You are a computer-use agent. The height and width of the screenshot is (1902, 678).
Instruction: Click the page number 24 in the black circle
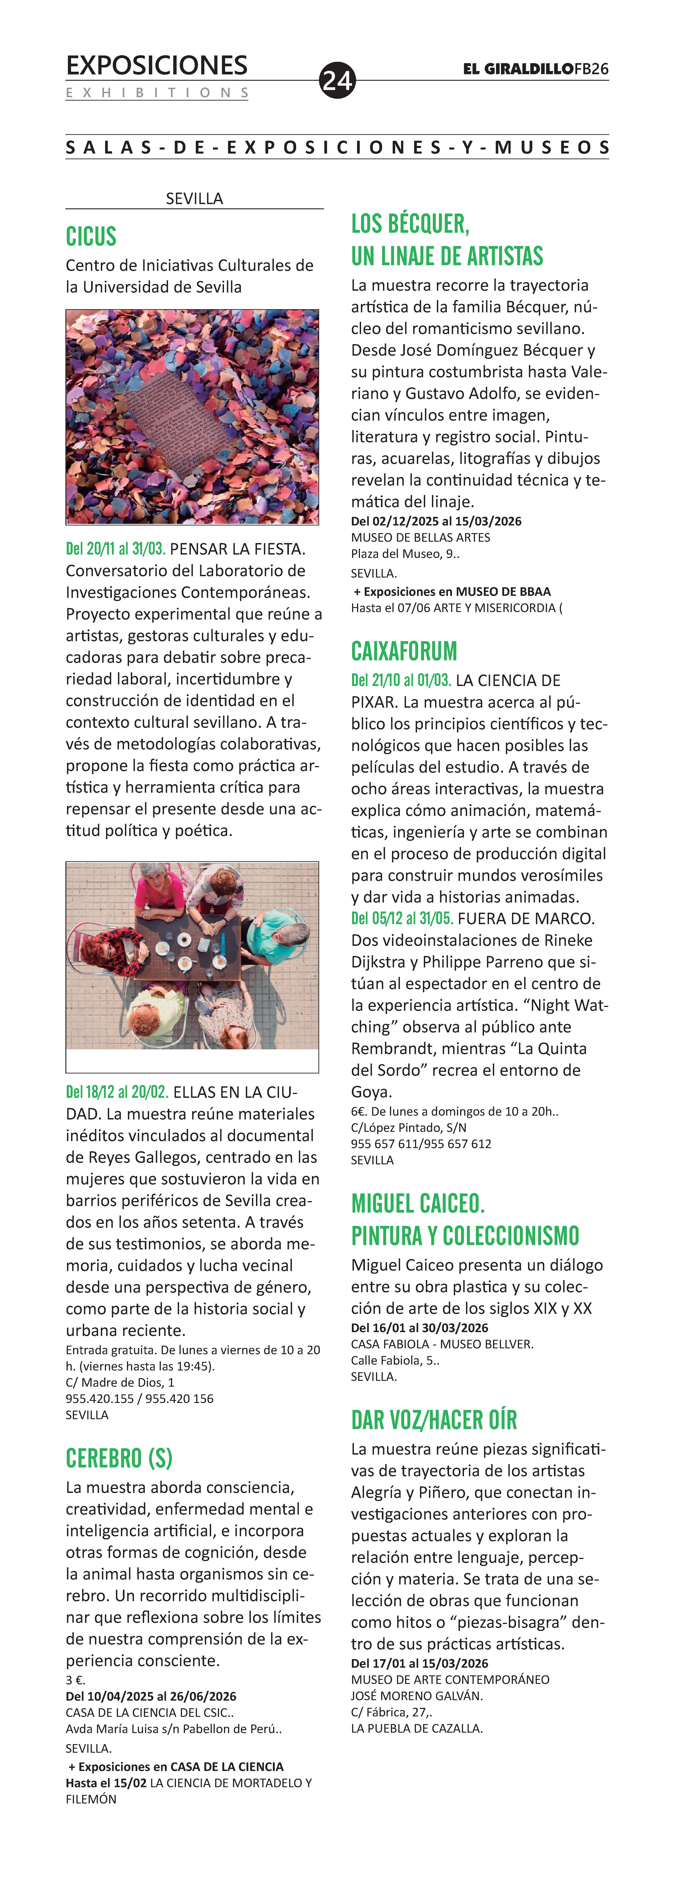tap(337, 80)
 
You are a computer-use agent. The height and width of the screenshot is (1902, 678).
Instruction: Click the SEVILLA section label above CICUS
tap(194, 199)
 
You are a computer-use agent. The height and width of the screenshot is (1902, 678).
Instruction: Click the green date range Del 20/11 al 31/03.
tap(115, 549)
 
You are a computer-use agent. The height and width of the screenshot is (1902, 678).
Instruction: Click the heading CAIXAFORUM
tap(404, 651)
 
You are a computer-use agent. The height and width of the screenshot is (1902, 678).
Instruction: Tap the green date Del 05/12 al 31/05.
tap(402, 919)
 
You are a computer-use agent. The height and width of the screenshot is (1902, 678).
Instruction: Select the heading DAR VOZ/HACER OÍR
tap(434, 1420)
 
